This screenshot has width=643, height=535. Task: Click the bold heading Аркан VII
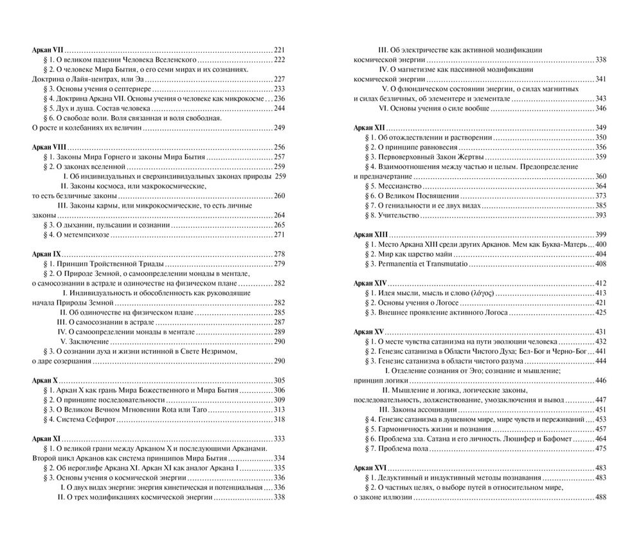pos(48,50)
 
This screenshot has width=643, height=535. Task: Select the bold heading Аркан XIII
pos(370,235)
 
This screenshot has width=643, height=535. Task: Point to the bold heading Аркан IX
pos(46,254)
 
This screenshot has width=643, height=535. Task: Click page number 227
pos(279,79)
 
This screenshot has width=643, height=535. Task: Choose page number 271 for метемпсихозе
pos(279,234)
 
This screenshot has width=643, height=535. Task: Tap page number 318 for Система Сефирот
pos(279,419)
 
